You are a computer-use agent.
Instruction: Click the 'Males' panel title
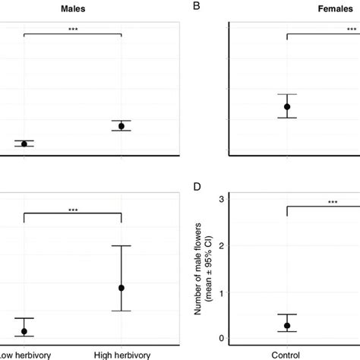tap(73, 7)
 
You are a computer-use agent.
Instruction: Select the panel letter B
tap(197, 7)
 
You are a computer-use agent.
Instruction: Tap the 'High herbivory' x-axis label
tap(122, 353)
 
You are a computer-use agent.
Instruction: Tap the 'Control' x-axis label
tap(287, 353)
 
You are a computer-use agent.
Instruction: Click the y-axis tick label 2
tap(221, 245)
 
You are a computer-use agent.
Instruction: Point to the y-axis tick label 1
tap(221, 292)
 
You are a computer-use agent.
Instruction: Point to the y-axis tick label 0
tap(221, 339)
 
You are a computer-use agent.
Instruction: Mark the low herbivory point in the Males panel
tap(24, 144)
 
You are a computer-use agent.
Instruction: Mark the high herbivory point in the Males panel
tap(122, 126)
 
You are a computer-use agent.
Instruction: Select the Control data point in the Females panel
tap(287, 106)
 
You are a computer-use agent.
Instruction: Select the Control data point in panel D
tap(287, 325)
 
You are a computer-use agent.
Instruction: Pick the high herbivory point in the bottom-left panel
tap(122, 288)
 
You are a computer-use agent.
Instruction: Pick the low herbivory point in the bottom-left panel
tap(24, 331)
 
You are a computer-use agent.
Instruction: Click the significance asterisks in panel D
tap(333, 202)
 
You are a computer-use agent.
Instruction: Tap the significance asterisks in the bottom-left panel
tap(73, 210)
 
